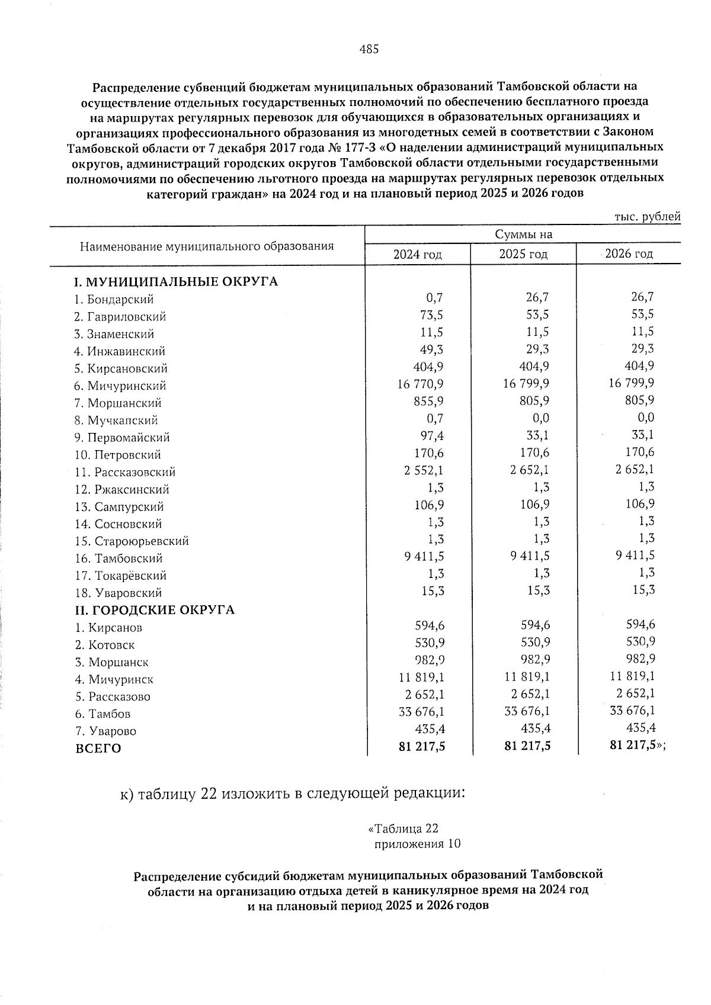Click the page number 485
pyautogui.click(x=369, y=50)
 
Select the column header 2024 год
pyautogui.click(x=418, y=255)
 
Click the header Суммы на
pyautogui.click(x=524, y=235)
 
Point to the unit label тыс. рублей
pyautogui.click(x=647, y=217)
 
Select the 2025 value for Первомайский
pyautogui.click(x=536, y=436)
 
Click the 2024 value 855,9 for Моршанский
pyautogui.click(x=430, y=401)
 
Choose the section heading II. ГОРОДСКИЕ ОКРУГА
pyautogui.click(x=155, y=610)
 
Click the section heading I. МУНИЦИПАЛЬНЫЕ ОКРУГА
pyautogui.click(x=176, y=281)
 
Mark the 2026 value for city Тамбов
pyautogui.click(x=632, y=711)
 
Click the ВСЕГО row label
pyautogui.click(x=98, y=749)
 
